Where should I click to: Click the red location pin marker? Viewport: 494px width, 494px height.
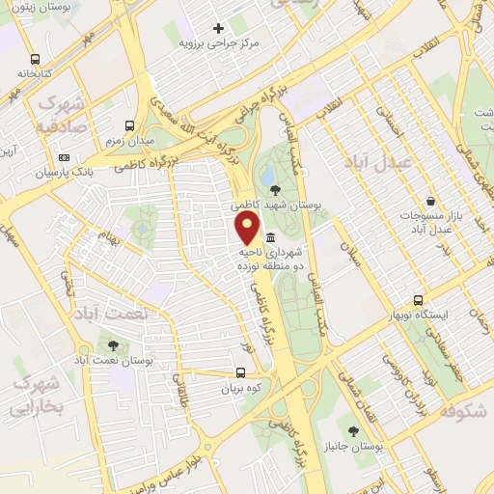coord(248,229)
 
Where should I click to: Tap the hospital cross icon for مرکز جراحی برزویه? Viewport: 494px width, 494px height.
coord(219,28)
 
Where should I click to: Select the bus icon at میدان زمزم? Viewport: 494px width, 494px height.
coord(130,125)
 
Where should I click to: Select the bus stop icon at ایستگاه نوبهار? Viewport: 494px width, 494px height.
coord(420,300)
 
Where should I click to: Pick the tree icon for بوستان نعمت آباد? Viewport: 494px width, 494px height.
coord(115,343)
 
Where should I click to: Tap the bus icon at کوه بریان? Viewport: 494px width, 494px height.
coord(239,372)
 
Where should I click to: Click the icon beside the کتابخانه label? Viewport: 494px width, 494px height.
coord(36,57)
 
